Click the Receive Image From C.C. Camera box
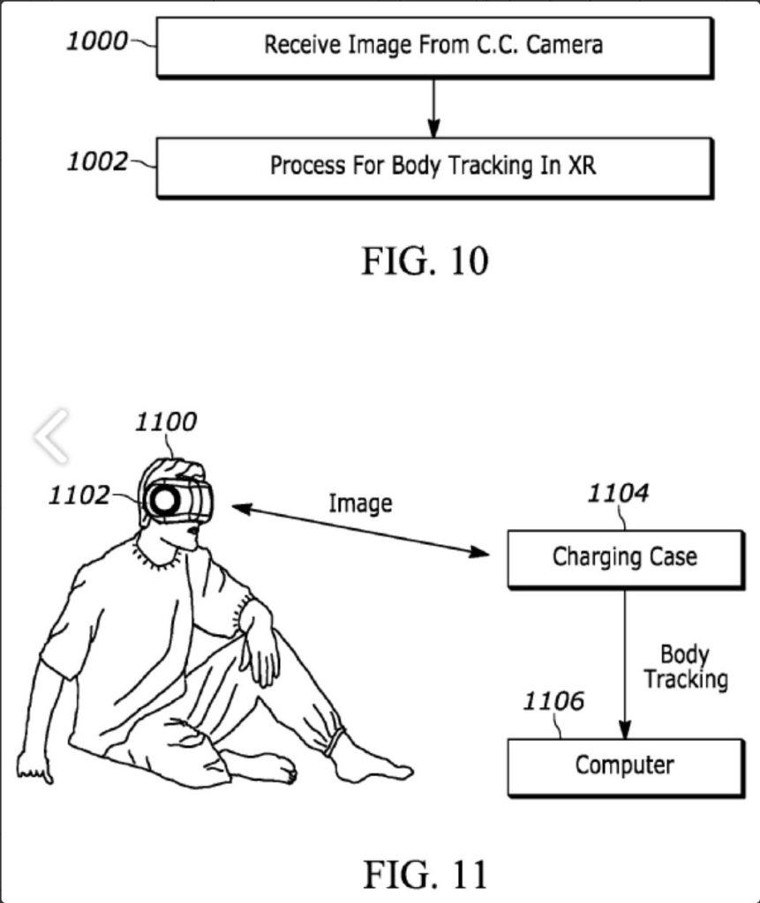tap(433, 46)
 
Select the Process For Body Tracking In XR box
tap(433, 166)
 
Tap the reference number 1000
tap(97, 41)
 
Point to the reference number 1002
tap(97, 162)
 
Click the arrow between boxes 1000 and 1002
tap(433, 108)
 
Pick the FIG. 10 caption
tap(425, 261)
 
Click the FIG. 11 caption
tap(425, 874)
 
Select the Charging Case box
tap(625, 558)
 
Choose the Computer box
tap(625, 766)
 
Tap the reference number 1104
tap(618, 494)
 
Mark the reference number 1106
tap(553, 702)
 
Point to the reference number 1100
tap(165, 422)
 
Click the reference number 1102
tap(79, 496)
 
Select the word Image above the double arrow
tap(360, 504)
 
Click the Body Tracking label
tap(685, 668)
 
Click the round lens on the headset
tap(163, 501)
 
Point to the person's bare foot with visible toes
tap(265, 768)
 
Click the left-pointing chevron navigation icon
tap(52, 436)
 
